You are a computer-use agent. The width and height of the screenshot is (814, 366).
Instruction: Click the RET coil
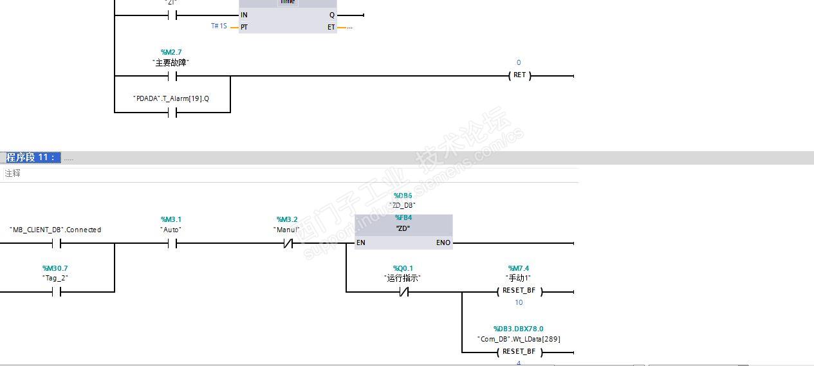519,75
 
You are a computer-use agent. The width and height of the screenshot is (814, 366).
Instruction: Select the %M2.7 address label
171,52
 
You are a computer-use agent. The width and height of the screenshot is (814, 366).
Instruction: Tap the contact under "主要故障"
172,76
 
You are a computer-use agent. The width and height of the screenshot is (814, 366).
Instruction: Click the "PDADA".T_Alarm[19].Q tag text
171,98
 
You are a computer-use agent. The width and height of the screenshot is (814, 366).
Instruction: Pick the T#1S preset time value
219,26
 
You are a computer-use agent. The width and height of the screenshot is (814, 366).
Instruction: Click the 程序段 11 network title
31,158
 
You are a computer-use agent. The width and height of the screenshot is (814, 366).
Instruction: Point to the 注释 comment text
12,173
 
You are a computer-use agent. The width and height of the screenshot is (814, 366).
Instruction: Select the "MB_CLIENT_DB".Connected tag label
55,230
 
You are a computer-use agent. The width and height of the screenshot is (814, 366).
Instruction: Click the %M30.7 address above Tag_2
55,268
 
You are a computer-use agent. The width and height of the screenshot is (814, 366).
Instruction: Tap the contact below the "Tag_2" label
56,291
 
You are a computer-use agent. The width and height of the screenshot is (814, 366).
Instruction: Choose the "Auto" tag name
171,230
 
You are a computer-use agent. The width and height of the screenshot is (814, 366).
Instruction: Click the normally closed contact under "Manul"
288,243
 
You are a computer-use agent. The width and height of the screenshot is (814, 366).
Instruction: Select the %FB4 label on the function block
403,218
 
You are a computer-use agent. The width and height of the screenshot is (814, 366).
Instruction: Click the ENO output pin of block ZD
443,243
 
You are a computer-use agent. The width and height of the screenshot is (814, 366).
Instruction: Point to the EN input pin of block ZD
361,243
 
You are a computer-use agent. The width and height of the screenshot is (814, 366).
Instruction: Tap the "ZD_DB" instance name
403,205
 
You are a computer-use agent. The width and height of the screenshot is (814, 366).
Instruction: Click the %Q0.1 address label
403,268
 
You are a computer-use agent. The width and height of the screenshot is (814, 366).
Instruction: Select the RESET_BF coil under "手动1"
519,291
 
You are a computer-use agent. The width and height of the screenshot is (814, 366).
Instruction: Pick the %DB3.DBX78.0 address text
518,329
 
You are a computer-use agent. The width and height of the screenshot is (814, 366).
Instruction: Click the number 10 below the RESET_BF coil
519,302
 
